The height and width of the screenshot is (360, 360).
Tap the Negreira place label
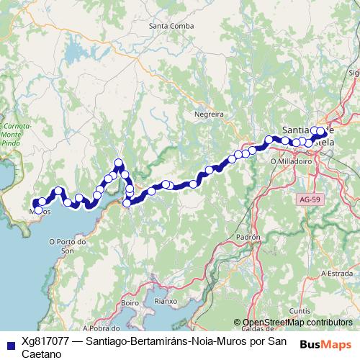(210, 114)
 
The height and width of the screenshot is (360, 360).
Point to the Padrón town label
(247, 236)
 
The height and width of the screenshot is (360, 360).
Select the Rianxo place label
(166, 302)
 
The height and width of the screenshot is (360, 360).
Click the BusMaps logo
(325, 343)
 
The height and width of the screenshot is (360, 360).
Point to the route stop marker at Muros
(37, 210)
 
